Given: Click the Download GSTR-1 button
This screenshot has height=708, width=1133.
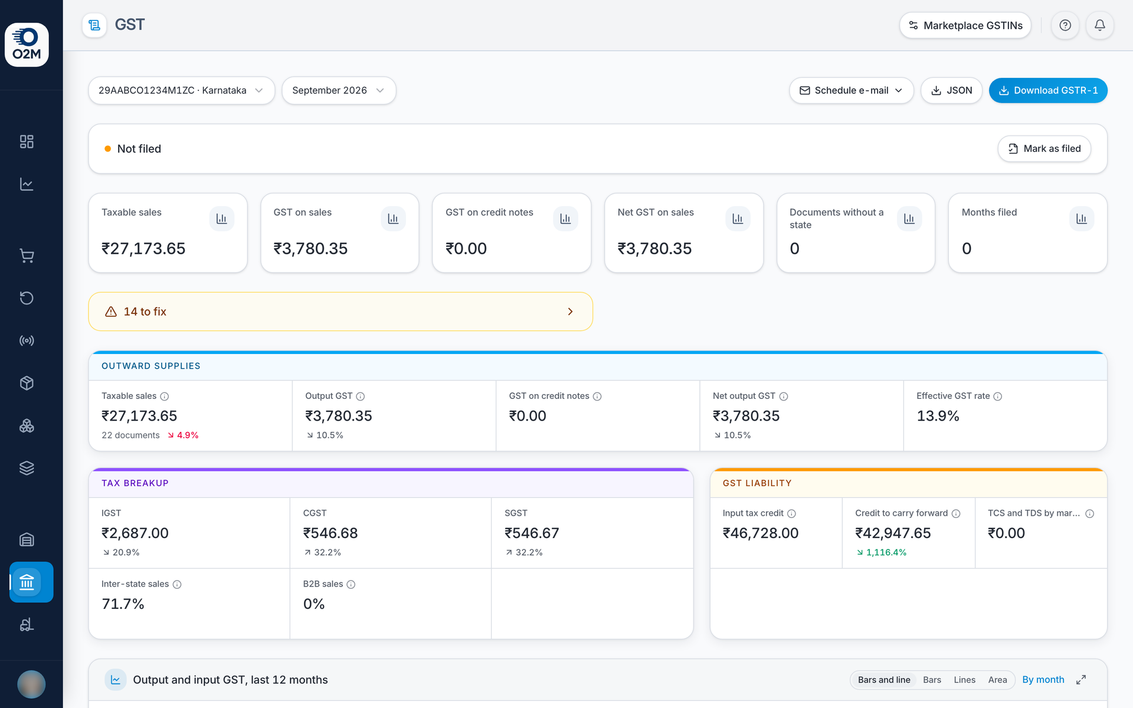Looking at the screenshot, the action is tap(1048, 90).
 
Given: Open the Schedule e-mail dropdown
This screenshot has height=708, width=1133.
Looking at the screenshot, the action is tap(851, 90).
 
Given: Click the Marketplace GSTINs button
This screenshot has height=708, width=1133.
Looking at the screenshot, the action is tap(965, 25).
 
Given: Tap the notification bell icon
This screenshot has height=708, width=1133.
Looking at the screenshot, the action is tap(1100, 25).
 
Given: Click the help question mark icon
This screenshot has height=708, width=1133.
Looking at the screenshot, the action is tap(1065, 25).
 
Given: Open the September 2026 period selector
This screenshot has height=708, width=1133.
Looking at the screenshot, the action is tap(339, 90).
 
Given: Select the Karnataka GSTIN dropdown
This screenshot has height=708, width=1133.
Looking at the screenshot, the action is tap(181, 90).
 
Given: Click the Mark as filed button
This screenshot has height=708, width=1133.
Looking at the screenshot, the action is tap(1044, 149).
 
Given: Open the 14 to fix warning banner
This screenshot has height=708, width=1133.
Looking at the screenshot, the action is tap(340, 312).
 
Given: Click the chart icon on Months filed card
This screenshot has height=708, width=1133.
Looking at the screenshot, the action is tap(1081, 219).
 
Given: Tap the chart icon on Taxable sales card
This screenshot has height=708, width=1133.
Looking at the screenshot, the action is tap(221, 219).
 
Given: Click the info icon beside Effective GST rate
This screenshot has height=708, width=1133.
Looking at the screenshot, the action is tap(998, 396).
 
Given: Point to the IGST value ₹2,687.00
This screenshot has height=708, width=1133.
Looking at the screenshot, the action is tap(135, 533).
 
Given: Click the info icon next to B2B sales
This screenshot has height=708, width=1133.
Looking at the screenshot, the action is tap(351, 585).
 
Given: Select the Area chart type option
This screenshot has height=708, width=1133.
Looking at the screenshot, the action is tap(997, 680).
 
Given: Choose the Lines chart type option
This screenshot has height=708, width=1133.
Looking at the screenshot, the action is tap(964, 680).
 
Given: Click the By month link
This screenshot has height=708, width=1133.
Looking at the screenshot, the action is tap(1043, 680).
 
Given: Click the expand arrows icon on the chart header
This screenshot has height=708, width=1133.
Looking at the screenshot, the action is tap(1081, 680).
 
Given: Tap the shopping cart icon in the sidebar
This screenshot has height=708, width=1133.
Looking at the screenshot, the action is tap(27, 255).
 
